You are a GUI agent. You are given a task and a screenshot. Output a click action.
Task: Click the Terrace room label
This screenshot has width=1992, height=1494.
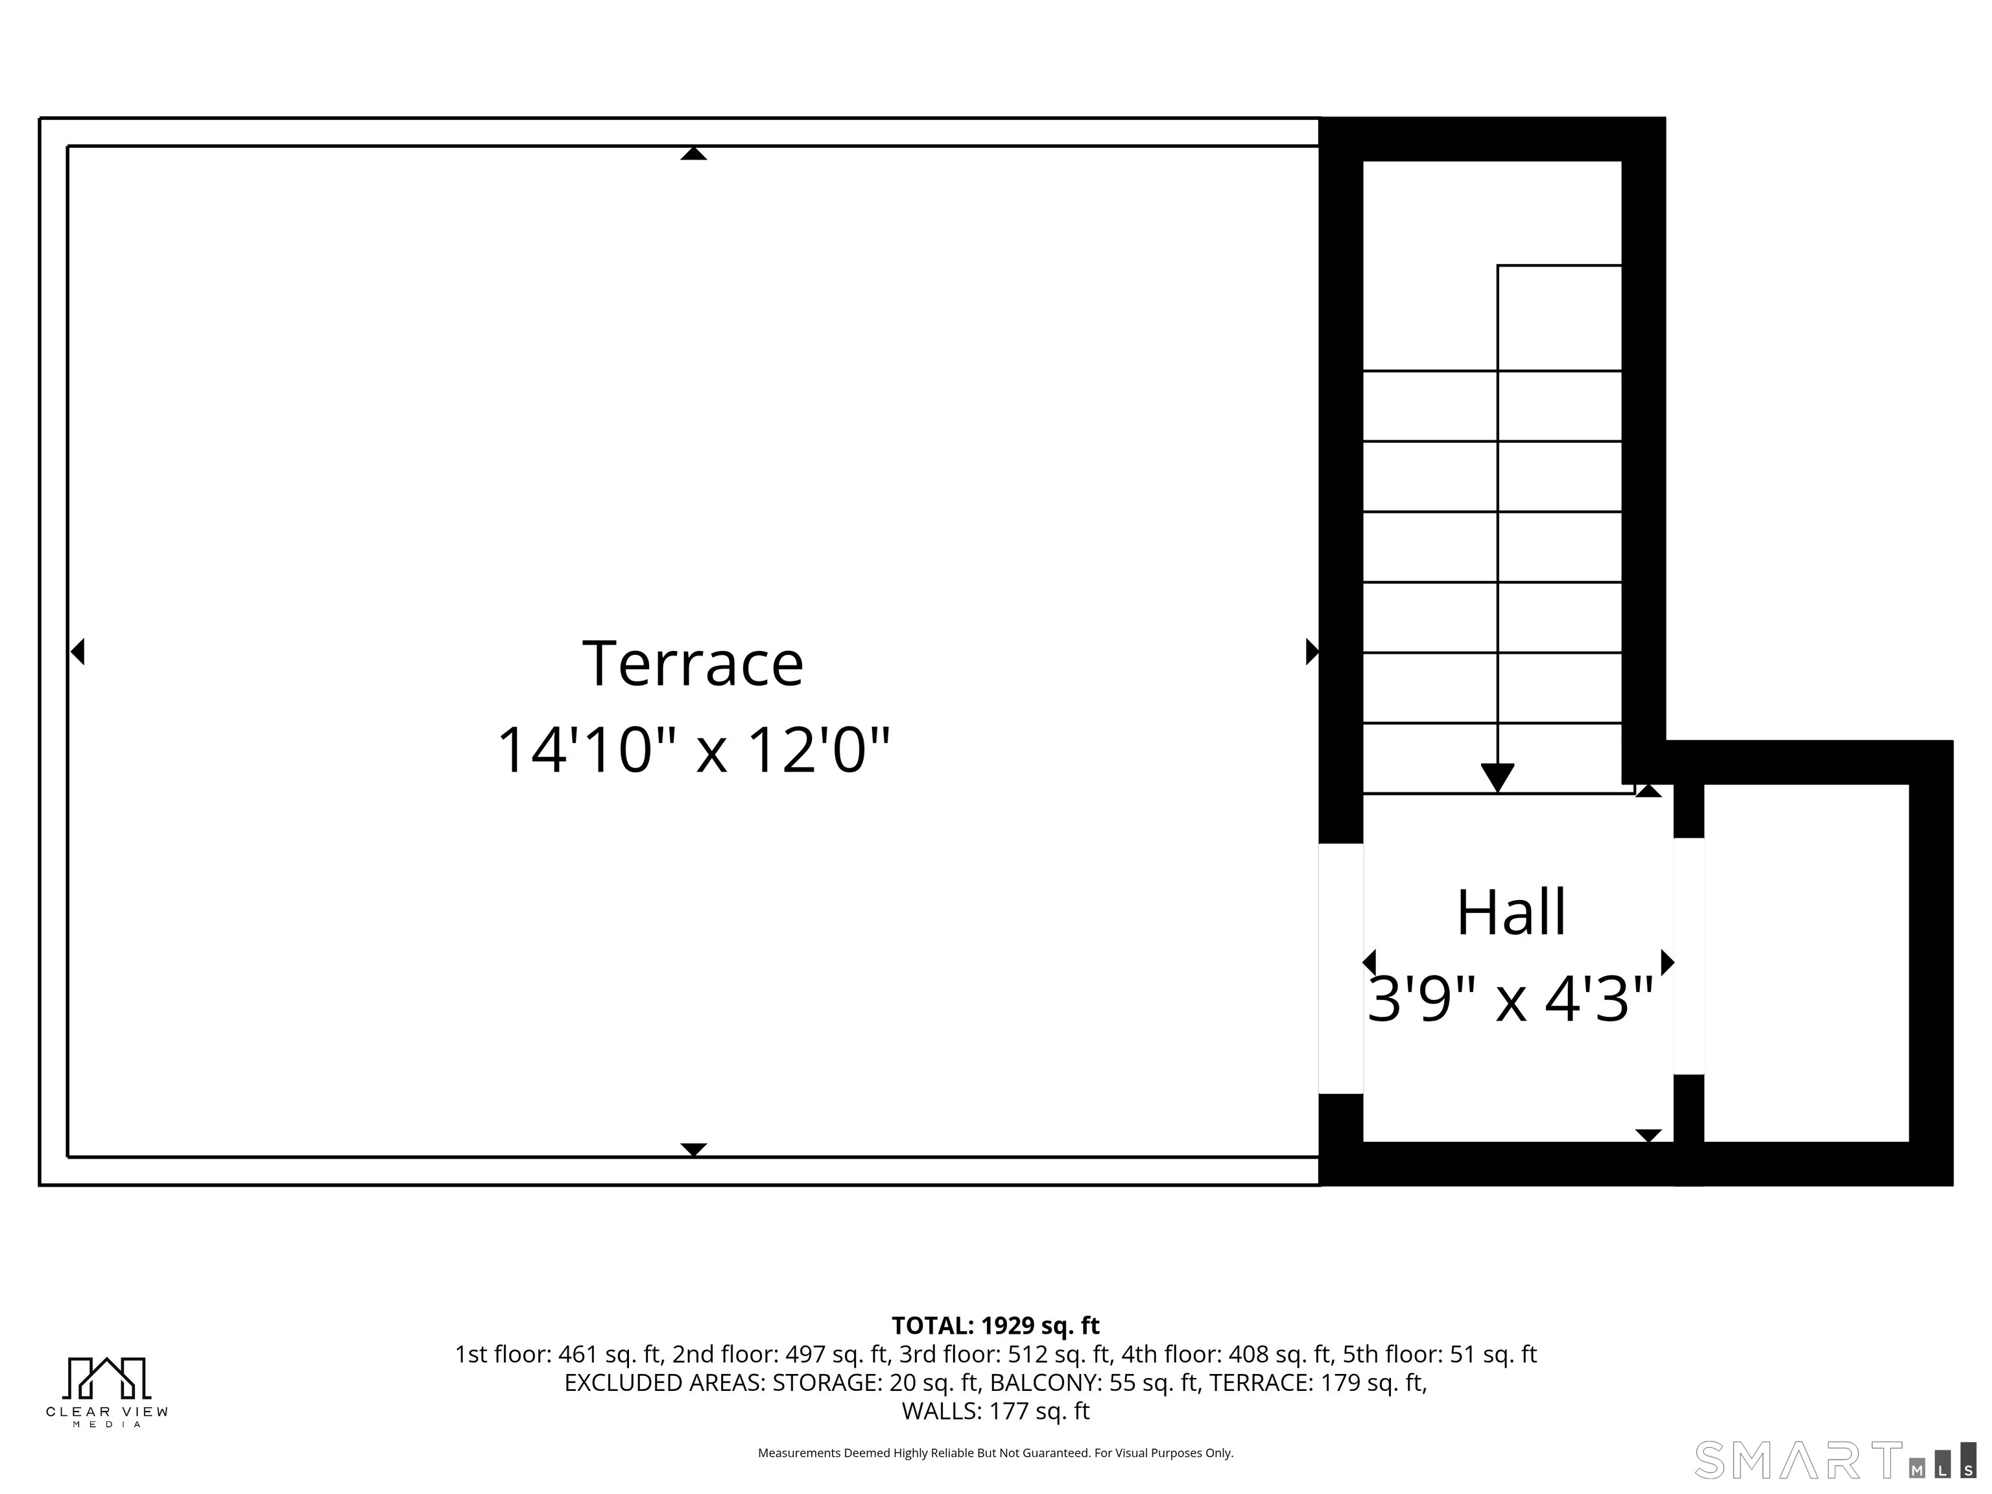pyautogui.click(x=693, y=664)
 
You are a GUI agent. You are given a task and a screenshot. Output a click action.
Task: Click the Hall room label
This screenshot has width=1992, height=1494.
pyautogui.click(x=1511, y=912)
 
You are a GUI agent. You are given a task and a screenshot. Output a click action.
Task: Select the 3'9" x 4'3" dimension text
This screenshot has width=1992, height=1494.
pyautogui.click(x=1511, y=1000)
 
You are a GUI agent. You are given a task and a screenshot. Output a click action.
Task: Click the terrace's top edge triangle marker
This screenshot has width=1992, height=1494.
pyautogui.click(x=693, y=153)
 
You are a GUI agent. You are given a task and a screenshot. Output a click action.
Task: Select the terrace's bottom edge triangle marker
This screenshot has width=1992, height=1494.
pyautogui.click(x=693, y=1150)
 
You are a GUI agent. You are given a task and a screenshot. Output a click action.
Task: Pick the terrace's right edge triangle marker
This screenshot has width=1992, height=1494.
pyautogui.click(x=1312, y=651)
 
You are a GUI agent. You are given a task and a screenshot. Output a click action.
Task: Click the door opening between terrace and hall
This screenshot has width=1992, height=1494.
pyautogui.click(x=1340, y=968)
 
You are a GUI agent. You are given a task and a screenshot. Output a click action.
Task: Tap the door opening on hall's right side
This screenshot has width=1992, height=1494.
pyautogui.click(x=1689, y=956)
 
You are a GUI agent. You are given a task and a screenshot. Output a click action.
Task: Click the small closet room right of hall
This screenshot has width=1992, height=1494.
pyautogui.click(x=1806, y=963)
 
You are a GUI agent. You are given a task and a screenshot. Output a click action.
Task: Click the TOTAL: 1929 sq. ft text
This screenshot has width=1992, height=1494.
pyautogui.click(x=995, y=1325)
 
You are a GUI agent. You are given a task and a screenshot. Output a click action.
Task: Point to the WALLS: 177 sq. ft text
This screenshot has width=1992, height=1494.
pyautogui.click(x=995, y=1411)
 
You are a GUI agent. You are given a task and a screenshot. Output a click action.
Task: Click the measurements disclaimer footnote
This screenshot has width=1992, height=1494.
pyautogui.click(x=995, y=1452)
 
